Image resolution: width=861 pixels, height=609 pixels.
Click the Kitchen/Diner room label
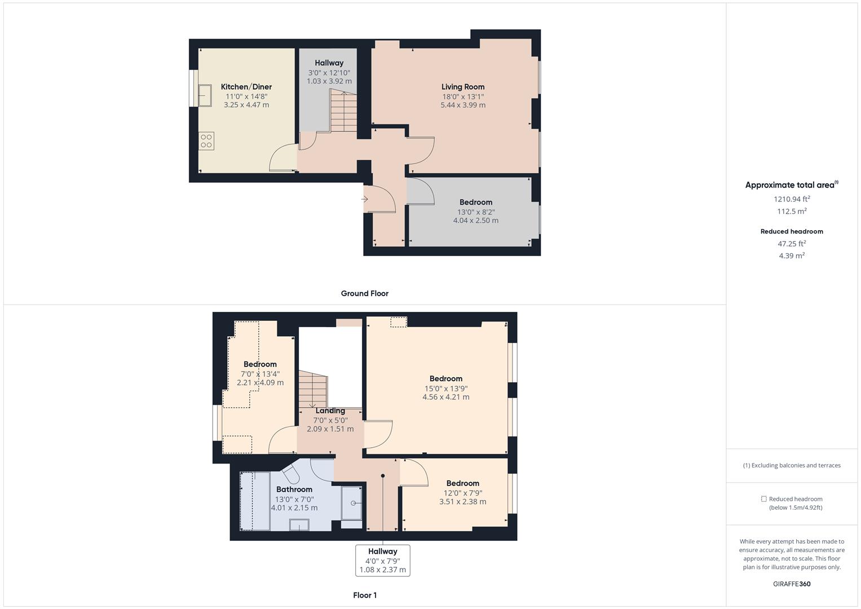point(246,87)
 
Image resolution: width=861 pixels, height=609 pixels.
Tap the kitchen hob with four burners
point(206,141)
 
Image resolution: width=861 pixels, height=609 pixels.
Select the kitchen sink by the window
point(205,95)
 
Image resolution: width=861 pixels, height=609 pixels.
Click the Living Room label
point(463,87)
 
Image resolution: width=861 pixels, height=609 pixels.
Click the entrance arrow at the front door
point(364,199)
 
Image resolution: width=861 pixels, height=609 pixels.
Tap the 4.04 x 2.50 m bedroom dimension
point(475,220)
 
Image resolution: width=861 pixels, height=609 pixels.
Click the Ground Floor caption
point(364,293)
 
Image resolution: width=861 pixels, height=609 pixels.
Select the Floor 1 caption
point(364,595)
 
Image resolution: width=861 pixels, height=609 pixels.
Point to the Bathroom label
point(294,489)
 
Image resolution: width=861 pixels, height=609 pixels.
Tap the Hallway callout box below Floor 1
point(382,561)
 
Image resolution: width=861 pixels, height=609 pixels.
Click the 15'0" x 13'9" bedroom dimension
point(446,389)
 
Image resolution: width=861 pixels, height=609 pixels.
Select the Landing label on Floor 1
point(330,411)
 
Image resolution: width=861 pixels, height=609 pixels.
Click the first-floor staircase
point(313,389)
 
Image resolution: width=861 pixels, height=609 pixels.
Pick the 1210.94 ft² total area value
point(792,198)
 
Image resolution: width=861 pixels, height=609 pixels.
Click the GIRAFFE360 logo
point(792,584)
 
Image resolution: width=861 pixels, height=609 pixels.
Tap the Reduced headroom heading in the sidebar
point(792,231)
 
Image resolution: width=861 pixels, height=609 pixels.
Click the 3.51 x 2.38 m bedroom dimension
point(462,502)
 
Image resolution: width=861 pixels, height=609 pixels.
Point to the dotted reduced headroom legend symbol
point(763,499)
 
